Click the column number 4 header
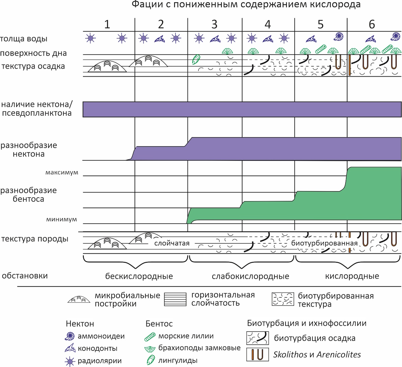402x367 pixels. click(x=268, y=24)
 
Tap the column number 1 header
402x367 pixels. click(x=107, y=24)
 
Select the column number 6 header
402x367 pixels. click(x=372, y=24)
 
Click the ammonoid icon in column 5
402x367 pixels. click(x=338, y=37)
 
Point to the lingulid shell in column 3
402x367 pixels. click(x=196, y=59)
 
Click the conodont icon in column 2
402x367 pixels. click(x=159, y=39)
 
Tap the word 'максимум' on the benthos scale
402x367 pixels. click(x=62, y=172)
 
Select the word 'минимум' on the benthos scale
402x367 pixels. click(x=62, y=219)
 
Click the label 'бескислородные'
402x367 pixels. click(x=139, y=276)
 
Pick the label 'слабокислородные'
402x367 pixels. click(x=251, y=276)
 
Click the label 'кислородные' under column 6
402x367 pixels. click(x=352, y=276)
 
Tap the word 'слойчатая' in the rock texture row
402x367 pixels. click(x=172, y=243)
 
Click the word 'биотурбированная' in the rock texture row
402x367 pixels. click(x=324, y=243)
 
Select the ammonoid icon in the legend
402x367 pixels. click(x=70, y=336)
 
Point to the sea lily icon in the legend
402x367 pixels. click(x=150, y=337)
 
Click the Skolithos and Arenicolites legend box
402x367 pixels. click(x=258, y=355)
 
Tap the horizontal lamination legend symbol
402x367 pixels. click(x=175, y=299)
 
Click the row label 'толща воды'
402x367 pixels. click(x=24, y=39)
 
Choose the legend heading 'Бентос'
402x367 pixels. click(x=159, y=324)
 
